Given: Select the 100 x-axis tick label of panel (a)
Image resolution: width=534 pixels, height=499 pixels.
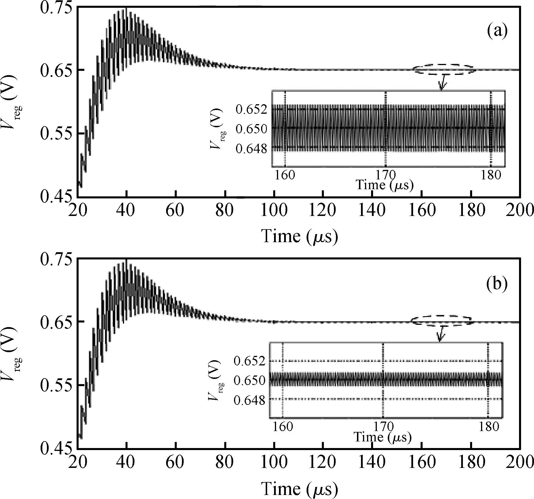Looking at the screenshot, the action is [274, 210].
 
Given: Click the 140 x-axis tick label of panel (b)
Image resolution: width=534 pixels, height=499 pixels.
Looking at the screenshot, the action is [373, 462].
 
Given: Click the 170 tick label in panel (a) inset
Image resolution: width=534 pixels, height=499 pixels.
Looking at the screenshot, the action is [385, 175].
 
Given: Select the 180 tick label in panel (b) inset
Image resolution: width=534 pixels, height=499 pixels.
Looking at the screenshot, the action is [489, 426].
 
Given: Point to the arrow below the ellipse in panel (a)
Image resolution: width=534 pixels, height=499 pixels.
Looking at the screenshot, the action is [442, 83].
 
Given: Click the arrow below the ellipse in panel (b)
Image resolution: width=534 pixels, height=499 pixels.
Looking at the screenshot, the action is [440, 334].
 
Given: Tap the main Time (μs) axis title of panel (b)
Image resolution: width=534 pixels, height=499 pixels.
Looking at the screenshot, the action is [299, 489].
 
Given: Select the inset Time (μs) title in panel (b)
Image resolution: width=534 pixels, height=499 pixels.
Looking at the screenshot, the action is [382, 437].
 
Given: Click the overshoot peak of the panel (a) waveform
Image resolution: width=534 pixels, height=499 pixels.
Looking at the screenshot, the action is [126, 9].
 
